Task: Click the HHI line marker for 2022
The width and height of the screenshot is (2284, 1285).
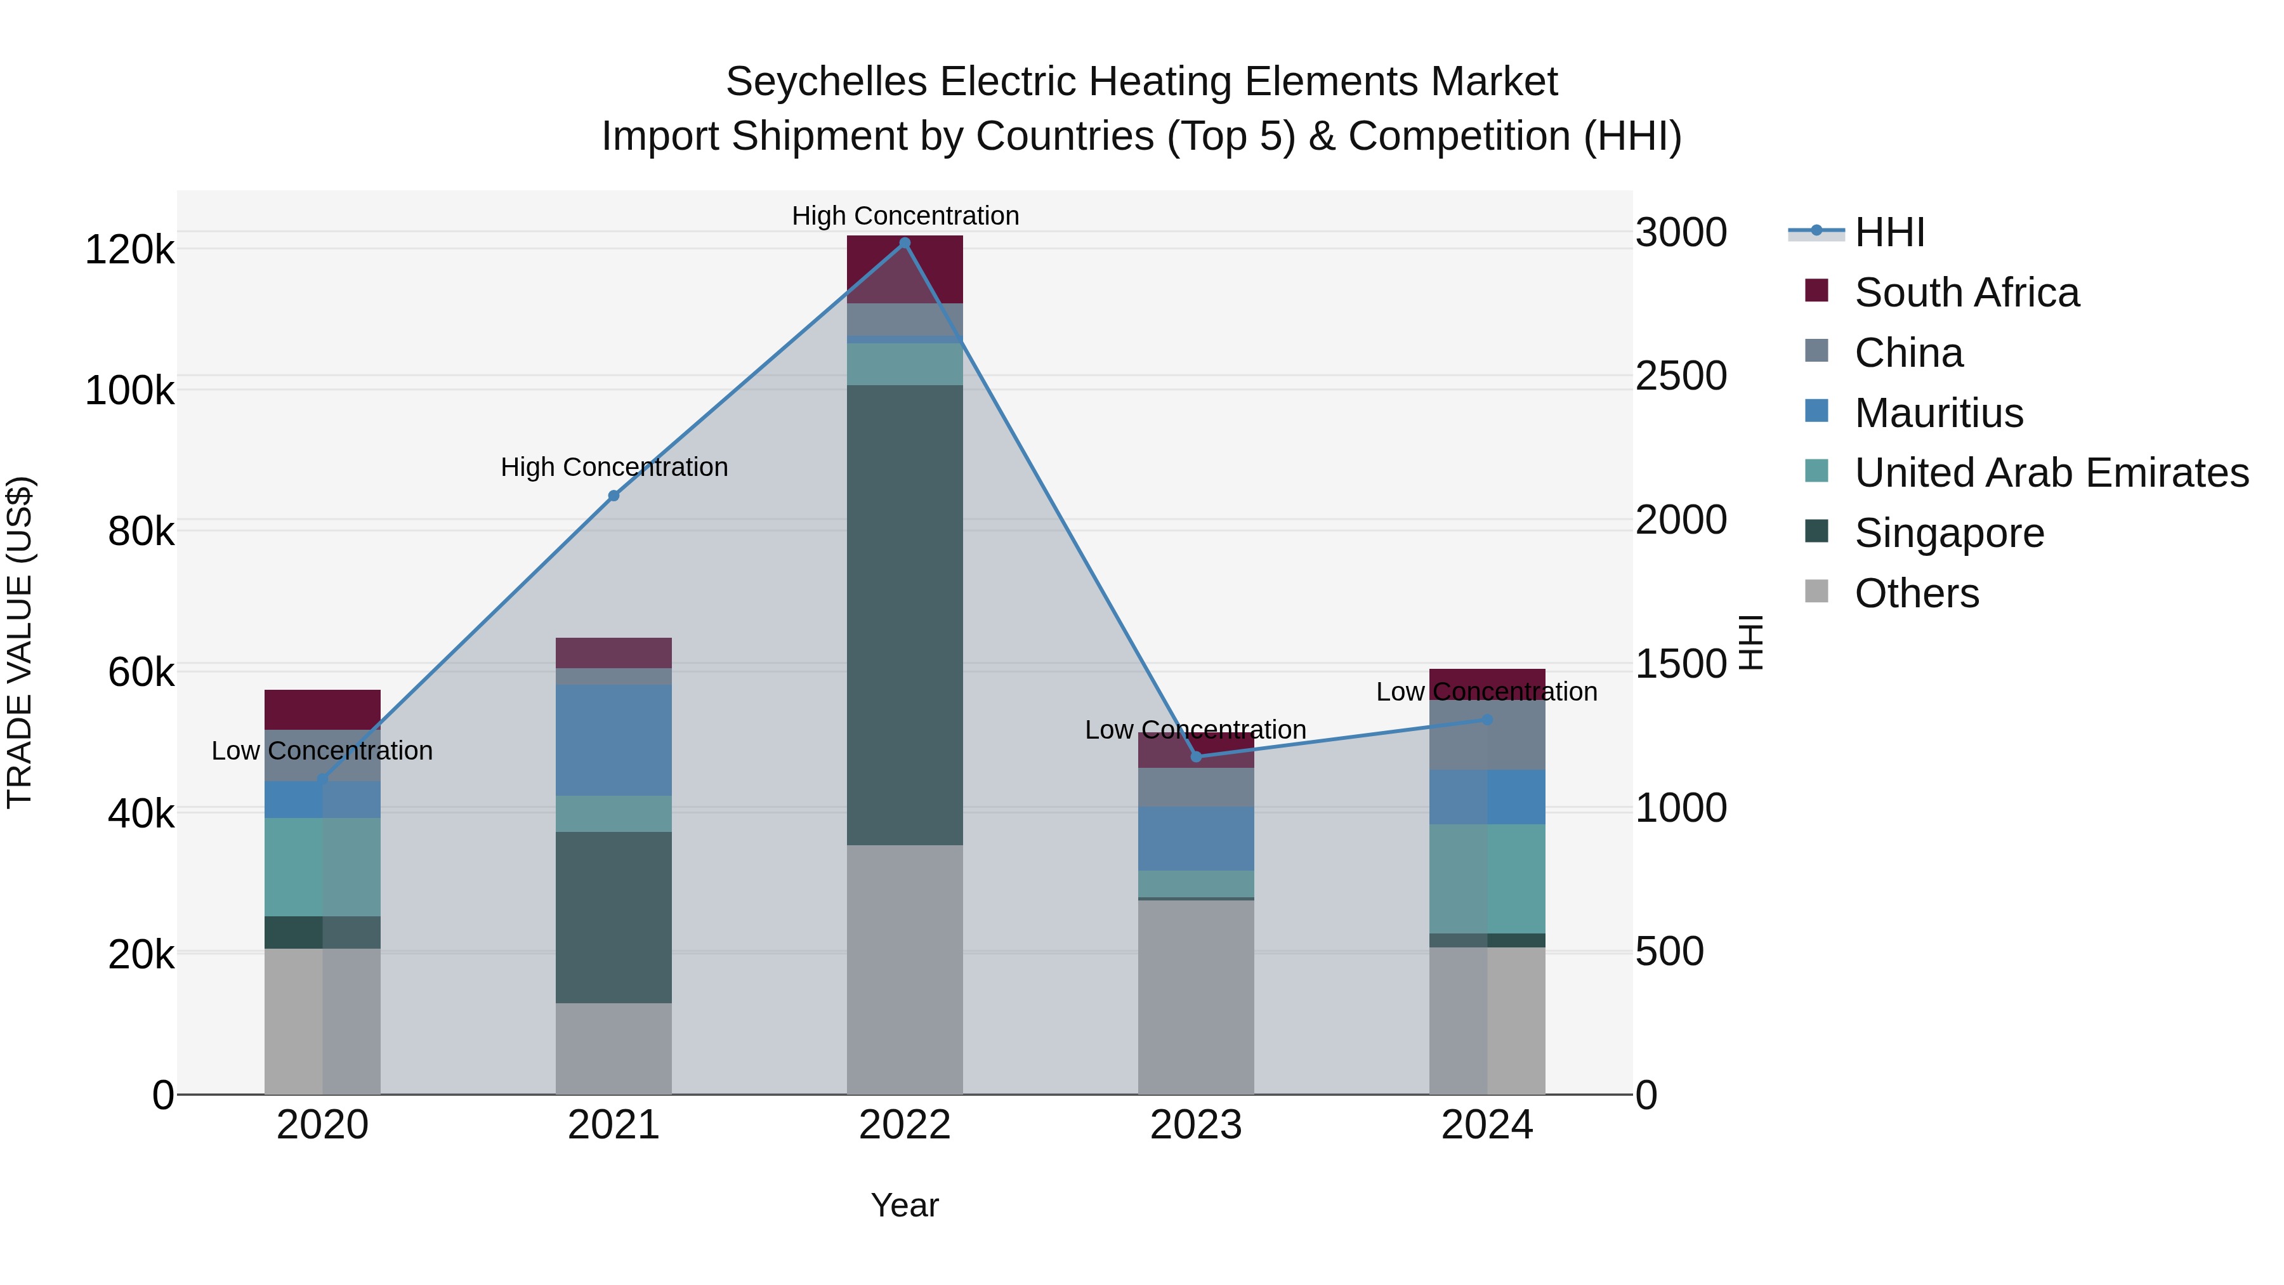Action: click(x=904, y=243)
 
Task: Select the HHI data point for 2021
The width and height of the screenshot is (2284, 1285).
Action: click(x=614, y=496)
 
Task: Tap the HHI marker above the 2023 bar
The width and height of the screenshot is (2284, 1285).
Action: click(x=1195, y=756)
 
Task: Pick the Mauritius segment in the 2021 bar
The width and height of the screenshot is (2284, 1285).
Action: click(x=614, y=740)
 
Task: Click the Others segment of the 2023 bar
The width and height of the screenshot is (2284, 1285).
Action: click(x=1195, y=997)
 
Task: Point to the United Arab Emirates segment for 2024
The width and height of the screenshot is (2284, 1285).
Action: click(x=1487, y=878)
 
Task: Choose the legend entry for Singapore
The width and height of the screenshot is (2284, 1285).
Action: click(x=1949, y=533)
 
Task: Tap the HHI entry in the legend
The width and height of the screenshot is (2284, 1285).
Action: click(x=1889, y=232)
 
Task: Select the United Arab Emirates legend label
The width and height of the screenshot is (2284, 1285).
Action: click(x=2051, y=473)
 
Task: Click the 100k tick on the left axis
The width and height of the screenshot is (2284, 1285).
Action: click(x=129, y=390)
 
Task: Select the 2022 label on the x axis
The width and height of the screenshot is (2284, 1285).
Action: click(x=904, y=1124)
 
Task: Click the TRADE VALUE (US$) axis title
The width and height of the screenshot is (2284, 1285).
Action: click(x=20, y=642)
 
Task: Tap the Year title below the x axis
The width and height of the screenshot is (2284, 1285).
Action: click(x=904, y=1205)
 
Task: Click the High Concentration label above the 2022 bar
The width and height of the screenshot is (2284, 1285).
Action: click(x=904, y=216)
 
